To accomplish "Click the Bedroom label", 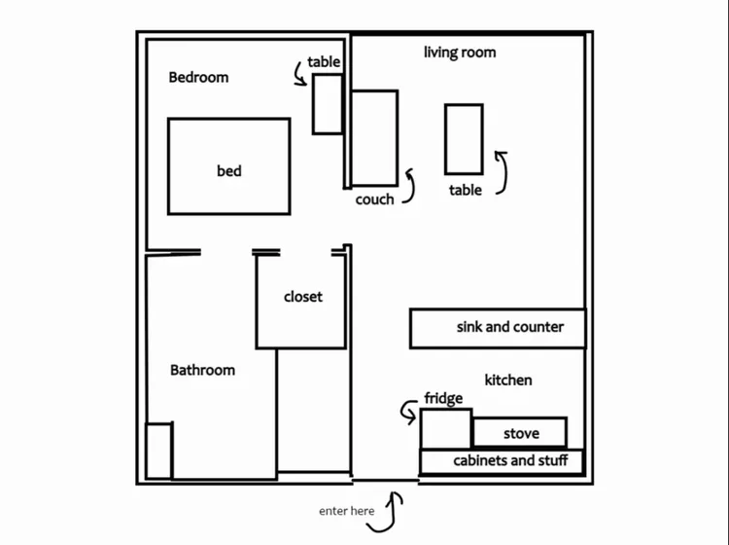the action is coord(198,77).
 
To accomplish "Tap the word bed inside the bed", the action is coord(229,171).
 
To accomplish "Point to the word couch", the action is coord(375,200).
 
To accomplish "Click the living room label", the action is coord(460,53).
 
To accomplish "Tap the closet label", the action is coord(303,297).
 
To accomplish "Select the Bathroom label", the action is coord(203,370).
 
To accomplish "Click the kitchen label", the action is coord(508,381).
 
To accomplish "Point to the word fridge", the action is coord(443,398).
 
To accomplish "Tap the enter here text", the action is coord(347,511).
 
